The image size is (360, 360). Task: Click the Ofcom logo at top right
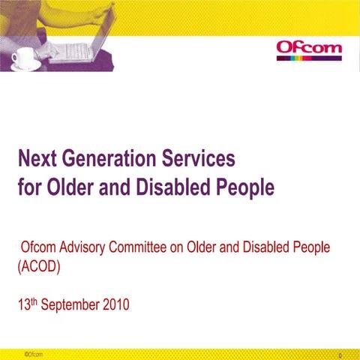point(309,50)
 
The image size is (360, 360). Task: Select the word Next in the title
point(38,159)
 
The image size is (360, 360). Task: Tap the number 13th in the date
point(27,304)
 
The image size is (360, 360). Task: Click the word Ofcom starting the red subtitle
point(38,247)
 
